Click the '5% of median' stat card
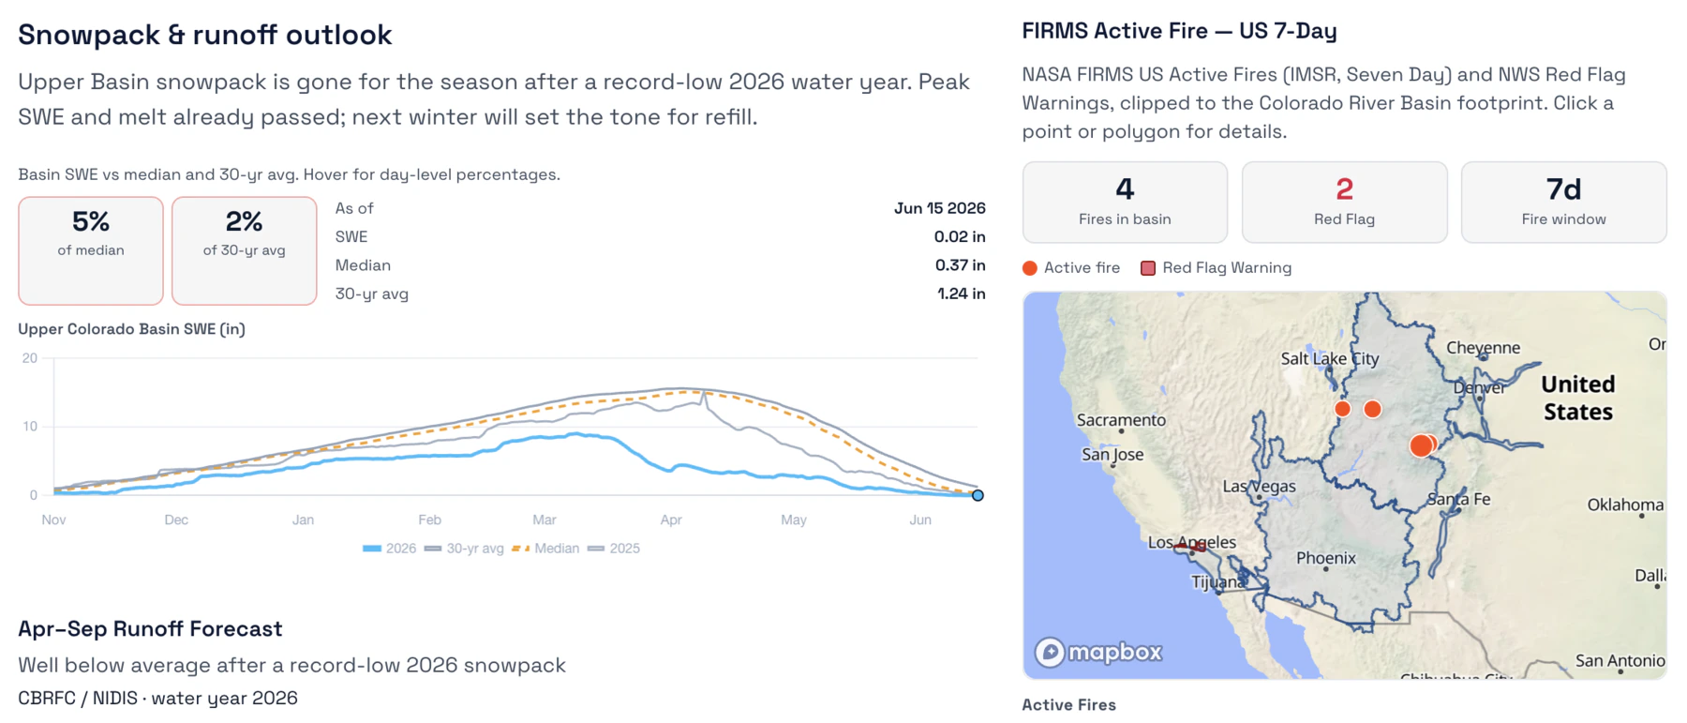tap(91, 250)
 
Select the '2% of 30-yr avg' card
tap(244, 250)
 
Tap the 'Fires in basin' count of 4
tap(1125, 189)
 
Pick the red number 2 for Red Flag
tap(1344, 189)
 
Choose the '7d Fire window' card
tap(1563, 203)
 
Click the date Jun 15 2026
tap(939, 208)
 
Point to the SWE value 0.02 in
tap(960, 236)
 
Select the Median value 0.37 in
tap(960, 265)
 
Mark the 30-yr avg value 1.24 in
tap(961, 294)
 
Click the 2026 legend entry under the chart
tap(389, 549)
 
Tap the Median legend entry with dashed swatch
tap(545, 549)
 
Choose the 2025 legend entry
tap(614, 549)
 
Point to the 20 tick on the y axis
tap(30, 358)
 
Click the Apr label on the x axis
tap(671, 520)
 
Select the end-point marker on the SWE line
tap(978, 495)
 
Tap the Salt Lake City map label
tap(1330, 358)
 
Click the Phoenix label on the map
tap(1325, 558)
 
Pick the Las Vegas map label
tap(1259, 487)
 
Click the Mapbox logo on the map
tap(1098, 652)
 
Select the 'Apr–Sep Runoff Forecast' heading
tap(150, 628)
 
